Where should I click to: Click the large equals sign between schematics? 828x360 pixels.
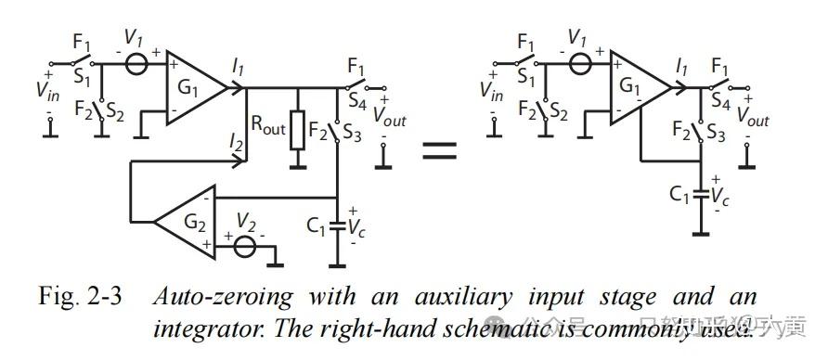coord(440,149)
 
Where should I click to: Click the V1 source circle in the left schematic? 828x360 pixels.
coord(137,65)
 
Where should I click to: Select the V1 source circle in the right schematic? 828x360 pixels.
coord(581,65)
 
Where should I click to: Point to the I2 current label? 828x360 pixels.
coord(236,142)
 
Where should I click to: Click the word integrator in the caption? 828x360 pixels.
coord(202,328)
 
